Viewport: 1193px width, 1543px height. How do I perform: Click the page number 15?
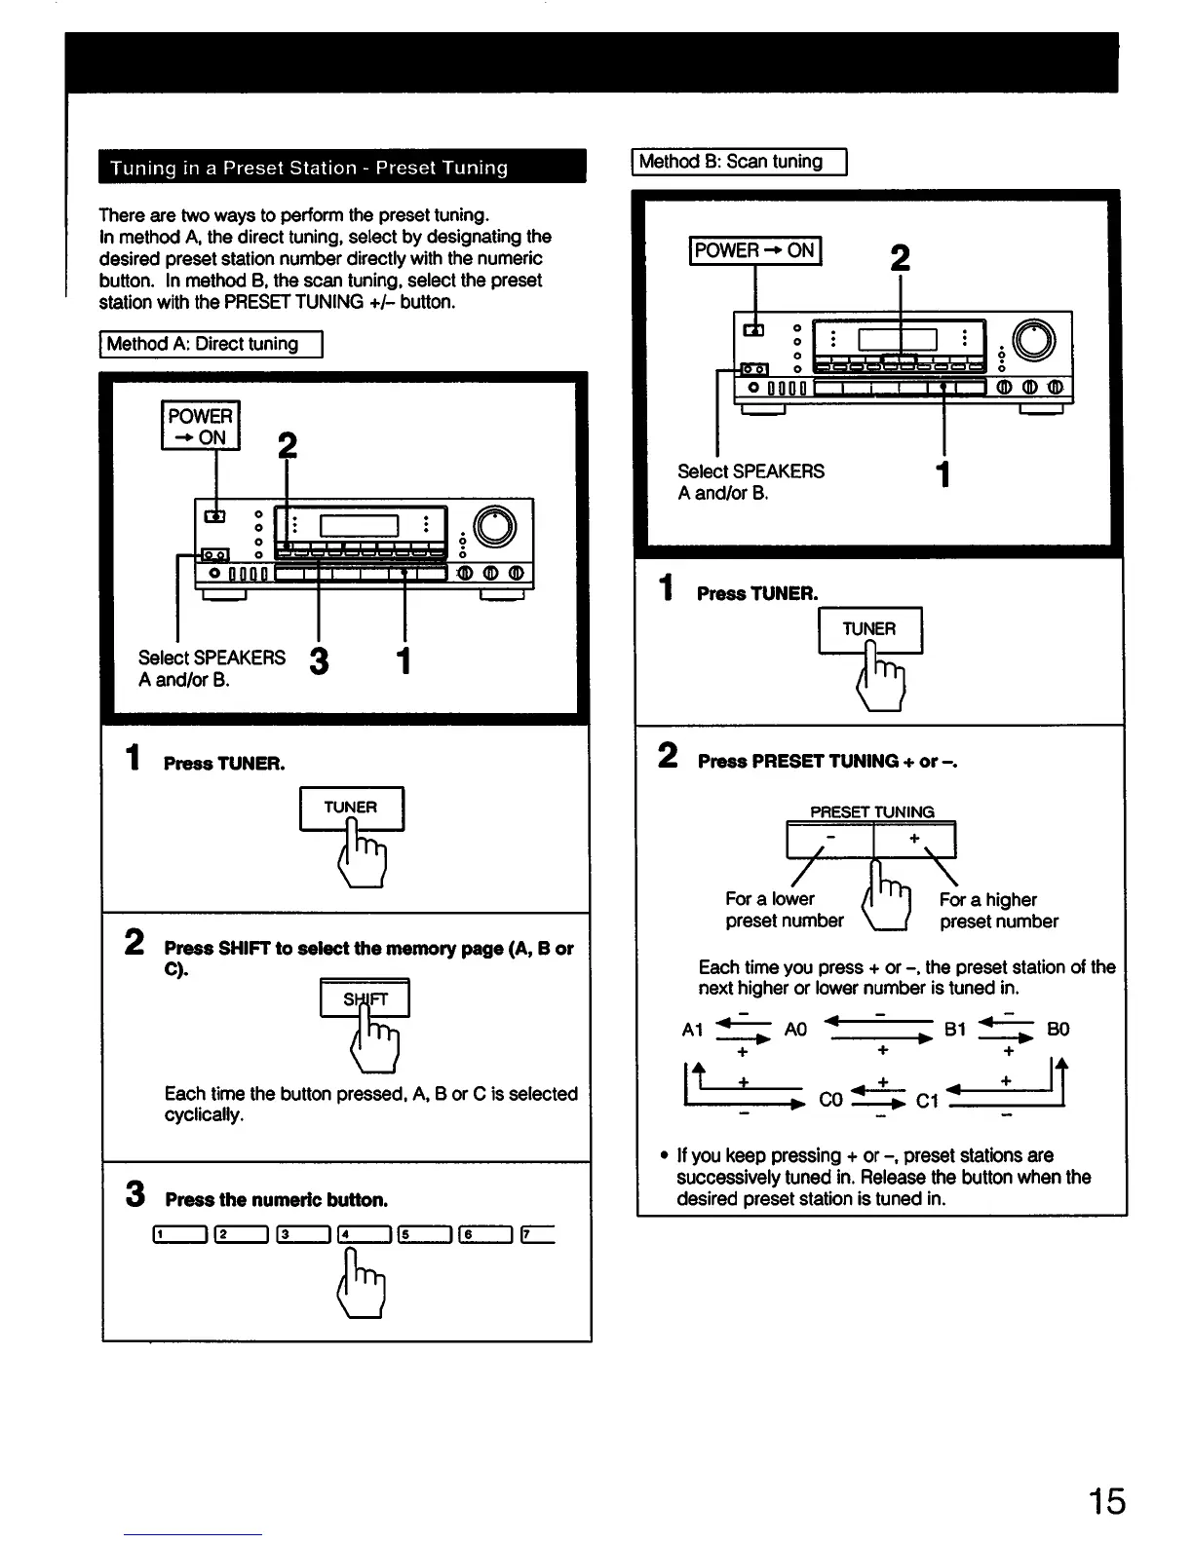pos(1106,1501)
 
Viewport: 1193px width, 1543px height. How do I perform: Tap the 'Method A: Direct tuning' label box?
pos(211,345)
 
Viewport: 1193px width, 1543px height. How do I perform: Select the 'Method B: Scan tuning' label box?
pos(740,162)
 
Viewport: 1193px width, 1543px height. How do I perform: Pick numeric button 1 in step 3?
pos(179,1236)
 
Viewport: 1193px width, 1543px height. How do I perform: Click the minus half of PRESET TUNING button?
pos(829,840)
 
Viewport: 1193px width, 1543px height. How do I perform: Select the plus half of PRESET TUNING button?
pos(915,840)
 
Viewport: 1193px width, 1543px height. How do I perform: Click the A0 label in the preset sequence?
pos(795,1030)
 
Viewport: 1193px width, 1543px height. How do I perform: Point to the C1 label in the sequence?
pos(927,1101)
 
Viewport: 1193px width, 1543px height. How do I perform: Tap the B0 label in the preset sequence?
pos(1058,1030)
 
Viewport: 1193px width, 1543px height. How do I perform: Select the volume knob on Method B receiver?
pos(1034,340)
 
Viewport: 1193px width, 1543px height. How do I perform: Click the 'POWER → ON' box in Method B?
pos(755,250)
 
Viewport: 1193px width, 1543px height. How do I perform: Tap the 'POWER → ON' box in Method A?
pos(200,427)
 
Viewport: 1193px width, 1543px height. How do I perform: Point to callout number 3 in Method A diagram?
pos(319,661)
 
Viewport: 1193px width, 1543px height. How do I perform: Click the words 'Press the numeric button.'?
pos(276,1199)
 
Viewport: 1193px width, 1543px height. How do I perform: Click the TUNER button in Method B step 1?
pos(869,630)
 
